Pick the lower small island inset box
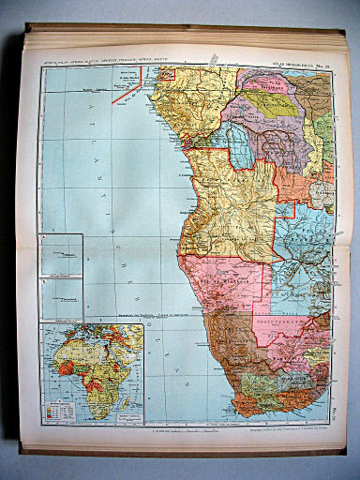61,298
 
